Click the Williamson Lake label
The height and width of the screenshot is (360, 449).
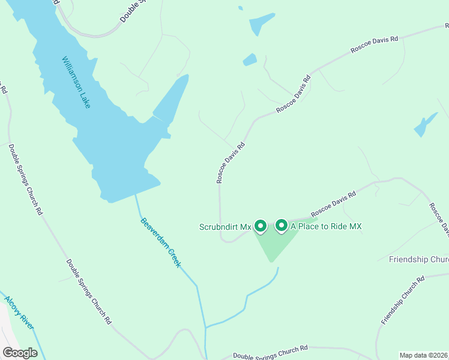point(76,82)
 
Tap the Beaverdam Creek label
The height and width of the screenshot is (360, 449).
point(161,242)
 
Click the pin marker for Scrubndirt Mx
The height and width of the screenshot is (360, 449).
point(261,226)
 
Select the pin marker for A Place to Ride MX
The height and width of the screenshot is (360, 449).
point(281,226)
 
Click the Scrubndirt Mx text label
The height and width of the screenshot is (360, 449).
point(225,227)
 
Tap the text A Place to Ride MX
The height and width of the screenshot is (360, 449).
point(327,226)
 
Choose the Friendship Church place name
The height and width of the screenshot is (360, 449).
point(418,260)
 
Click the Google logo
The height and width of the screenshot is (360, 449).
point(20,353)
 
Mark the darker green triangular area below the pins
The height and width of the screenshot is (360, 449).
point(276,243)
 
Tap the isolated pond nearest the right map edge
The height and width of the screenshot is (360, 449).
point(425,124)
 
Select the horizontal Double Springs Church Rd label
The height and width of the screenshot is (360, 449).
point(270,352)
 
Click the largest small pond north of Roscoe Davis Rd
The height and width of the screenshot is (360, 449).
point(262,24)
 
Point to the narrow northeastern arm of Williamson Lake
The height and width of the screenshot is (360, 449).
point(173,96)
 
